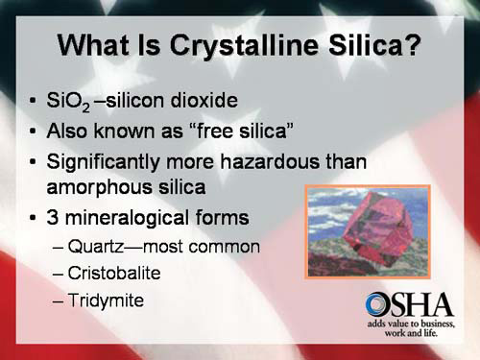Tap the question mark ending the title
click(x=410, y=45)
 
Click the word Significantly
click(x=106, y=161)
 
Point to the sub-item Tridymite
click(x=106, y=300)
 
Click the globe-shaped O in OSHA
click(x=377, y=306)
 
